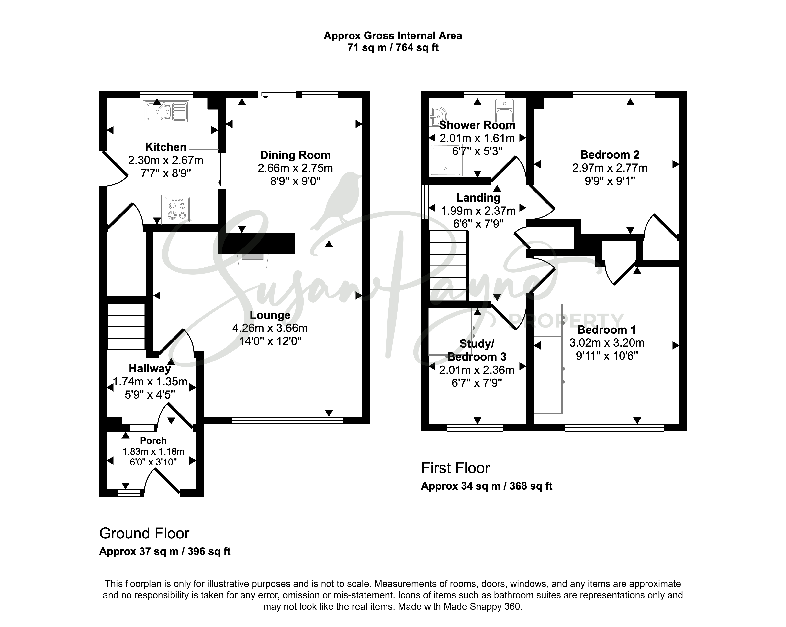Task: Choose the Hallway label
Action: pos(150,369)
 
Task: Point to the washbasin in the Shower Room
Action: pos(435,116)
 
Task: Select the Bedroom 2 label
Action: pos(610,155)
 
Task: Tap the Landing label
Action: pos(478,198)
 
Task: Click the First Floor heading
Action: pos(455,468)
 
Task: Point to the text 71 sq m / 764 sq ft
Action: pos(393,47)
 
